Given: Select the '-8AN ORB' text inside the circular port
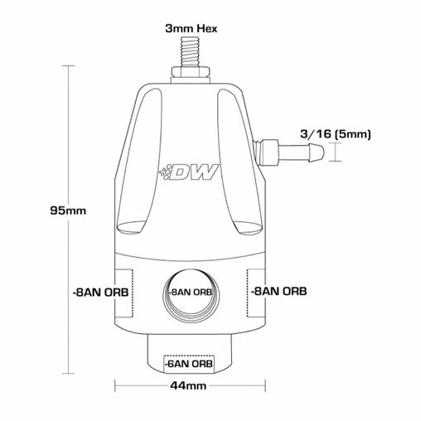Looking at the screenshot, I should click(190, 293).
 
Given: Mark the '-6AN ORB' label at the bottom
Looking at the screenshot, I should click(188, 363).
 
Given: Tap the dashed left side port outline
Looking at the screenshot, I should click(123, 292).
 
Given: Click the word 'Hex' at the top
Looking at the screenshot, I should click(206, 27).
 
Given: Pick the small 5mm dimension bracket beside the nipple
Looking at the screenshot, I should click(334, 151).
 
